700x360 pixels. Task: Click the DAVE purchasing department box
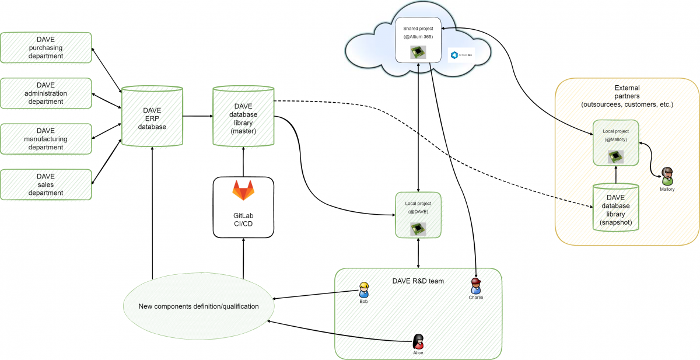[46, 48]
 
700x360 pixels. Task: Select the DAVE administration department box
[46, 93]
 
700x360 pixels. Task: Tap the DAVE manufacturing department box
[46, 139]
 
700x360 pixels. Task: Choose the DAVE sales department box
[46, 184]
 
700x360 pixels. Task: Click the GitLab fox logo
[243, 191]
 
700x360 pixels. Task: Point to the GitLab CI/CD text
[243, 219]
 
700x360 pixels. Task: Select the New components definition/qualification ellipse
[198, 306]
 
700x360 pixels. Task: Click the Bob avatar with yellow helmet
[364, 289]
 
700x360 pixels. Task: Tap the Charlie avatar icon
[476, 286]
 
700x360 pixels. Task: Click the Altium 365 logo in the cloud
[461, 55]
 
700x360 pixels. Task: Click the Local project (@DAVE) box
[418, 214]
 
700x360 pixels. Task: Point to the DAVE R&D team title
[418, 281]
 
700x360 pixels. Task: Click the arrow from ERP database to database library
[197, 116]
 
